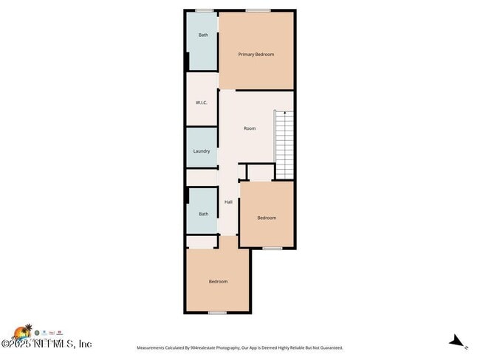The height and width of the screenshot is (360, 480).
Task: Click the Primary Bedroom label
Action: pos(256,55)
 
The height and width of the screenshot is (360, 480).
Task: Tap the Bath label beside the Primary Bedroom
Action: pos(203,35)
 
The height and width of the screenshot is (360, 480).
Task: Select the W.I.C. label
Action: pos(202,103)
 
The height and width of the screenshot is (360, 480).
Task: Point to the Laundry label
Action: pos(202,151)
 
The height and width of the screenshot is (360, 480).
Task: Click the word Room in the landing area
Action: pos(250,128)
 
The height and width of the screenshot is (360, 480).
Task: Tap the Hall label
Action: pos(229,201)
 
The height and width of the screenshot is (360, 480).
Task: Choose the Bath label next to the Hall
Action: pos(203,214)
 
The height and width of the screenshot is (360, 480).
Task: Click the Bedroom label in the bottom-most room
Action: pos(218,281)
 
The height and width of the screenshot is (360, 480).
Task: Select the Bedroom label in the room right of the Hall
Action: pos(267,218)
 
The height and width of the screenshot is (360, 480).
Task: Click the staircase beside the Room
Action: pos(284,144)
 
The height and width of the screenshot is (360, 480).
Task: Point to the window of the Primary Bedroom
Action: pos(257,10)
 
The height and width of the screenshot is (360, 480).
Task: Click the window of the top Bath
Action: pos(205,10)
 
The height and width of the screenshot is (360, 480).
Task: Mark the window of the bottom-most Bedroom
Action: pos(217,313)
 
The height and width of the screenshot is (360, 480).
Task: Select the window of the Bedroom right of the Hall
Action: pos(272,249)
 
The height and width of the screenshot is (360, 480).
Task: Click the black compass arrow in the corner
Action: pos(458,341)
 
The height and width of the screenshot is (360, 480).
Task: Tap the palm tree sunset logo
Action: pos(24,331)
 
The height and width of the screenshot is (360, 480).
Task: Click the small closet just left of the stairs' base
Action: pos(261,173)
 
